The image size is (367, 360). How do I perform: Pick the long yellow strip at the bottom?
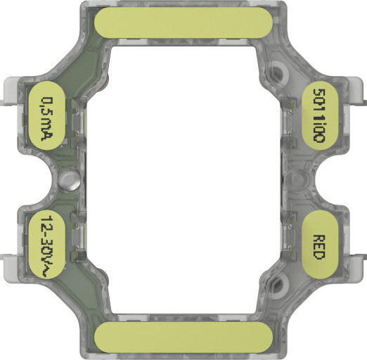[x=183, y=337]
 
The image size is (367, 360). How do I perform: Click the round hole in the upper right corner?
[x=279, y=71]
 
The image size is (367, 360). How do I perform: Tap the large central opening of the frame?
[x=183, y=179]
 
